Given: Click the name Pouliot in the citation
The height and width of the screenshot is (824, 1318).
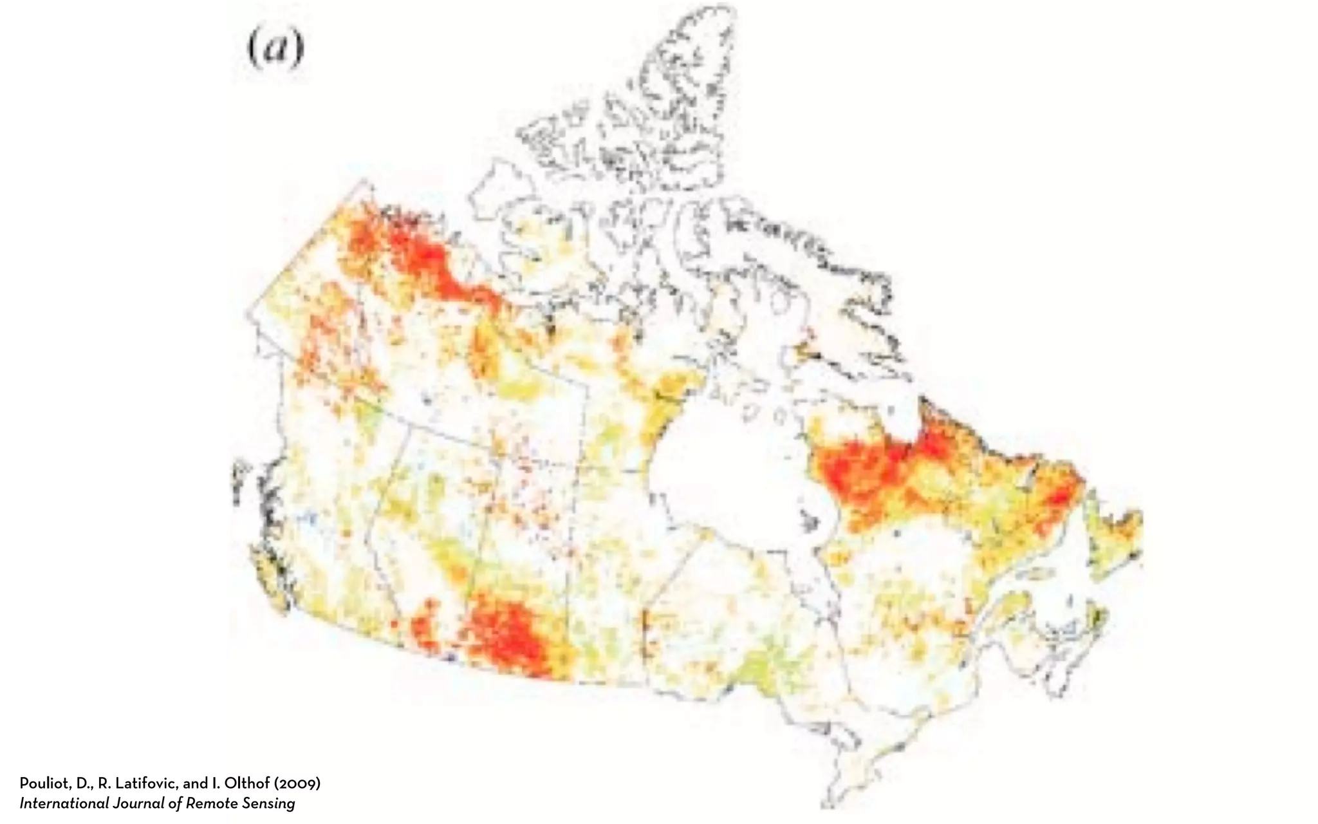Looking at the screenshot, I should click(42, 783).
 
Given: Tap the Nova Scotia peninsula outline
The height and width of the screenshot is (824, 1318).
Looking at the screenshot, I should click(1088, 628).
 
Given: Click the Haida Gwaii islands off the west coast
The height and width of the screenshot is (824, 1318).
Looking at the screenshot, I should click(239, 480).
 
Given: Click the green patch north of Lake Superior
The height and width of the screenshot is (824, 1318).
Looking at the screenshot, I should click(766, 663).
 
